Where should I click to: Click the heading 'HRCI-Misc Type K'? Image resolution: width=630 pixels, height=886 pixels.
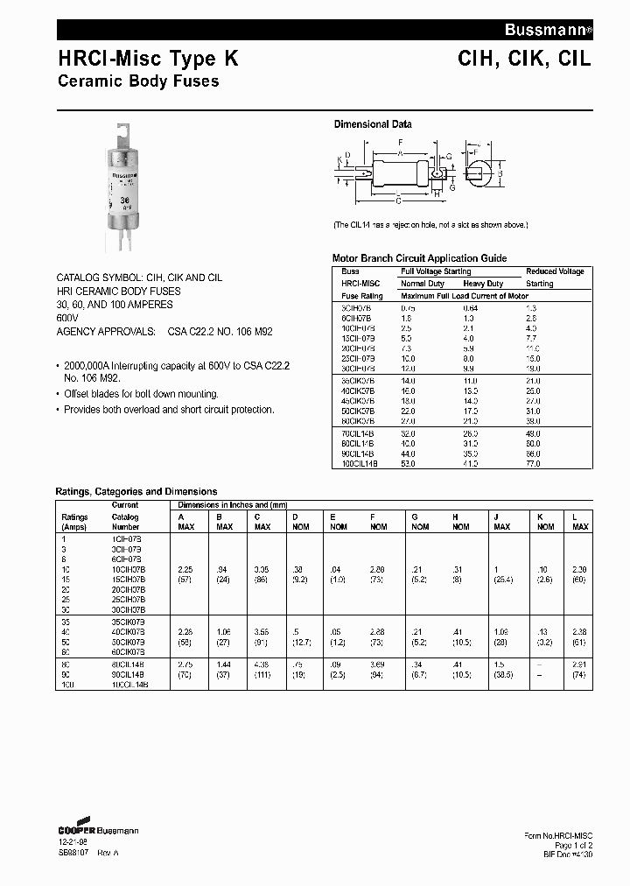tap(147, 60)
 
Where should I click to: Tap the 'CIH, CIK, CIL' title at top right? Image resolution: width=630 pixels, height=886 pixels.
tap(524, 60)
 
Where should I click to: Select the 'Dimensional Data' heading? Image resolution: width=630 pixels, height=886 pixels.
tap(373, 124)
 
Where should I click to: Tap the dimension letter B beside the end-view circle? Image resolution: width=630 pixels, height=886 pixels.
tap(500, 172)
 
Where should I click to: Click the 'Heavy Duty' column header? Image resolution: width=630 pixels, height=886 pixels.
tap(483, 284)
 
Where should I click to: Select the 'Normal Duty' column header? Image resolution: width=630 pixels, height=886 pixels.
tap(423, 284)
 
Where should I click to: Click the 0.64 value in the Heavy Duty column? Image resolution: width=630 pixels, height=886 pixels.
tap(471, 308)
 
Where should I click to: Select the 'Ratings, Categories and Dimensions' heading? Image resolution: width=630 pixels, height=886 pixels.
tap(136, 491)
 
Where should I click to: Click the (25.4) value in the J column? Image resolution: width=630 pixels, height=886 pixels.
tap(502, 580)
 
